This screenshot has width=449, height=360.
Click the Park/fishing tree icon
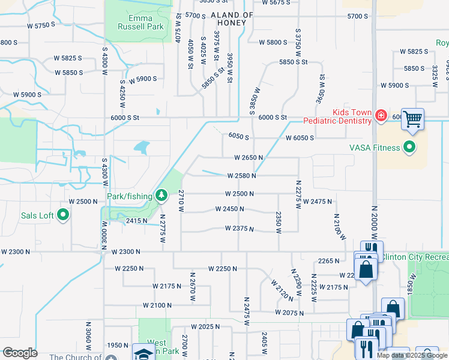(161, 195)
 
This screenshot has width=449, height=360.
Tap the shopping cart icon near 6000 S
(413, 119)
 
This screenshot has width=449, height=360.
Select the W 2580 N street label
(241, 176)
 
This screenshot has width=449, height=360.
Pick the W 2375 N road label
(240, 229)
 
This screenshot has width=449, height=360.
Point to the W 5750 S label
(41, 25)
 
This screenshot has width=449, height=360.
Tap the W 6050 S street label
(300, 138)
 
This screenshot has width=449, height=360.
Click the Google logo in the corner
(19, 353)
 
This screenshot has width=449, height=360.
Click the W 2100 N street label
(158, 305)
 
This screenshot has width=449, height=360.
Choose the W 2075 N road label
(290, 313)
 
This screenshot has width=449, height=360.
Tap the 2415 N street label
(136, 221)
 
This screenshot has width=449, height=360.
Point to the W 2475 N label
(318, 202)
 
